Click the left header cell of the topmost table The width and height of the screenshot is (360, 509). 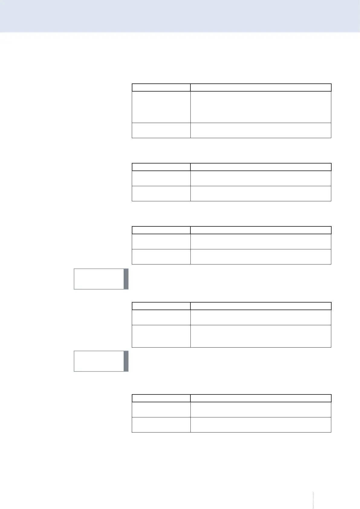pos(161,87)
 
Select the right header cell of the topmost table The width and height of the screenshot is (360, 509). pos(261,87)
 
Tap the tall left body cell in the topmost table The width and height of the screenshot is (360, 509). pos(161,107)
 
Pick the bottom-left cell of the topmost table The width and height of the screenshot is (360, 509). pos(161,130)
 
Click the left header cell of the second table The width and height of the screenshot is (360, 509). pos(161,167)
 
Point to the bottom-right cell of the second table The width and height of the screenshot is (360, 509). pos(261,193)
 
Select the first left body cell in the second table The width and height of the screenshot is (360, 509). pos(161,178)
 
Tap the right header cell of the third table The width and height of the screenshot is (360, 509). pos(261,230)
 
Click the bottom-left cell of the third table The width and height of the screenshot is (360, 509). pos(161,257)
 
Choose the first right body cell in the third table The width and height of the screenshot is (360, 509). pos(261,242)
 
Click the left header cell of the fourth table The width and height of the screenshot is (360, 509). pos(161,306)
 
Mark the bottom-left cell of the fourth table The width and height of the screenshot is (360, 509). pos(161,336)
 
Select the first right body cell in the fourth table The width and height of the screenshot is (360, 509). pos(261,317)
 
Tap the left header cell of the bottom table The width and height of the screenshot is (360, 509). pos(161,398)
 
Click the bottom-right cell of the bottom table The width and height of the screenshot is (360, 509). pos(261,425)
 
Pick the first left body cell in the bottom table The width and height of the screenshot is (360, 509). pos(161,410)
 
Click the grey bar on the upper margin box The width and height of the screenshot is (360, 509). pos(126,279)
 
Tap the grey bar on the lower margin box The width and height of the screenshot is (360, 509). pos(126,361)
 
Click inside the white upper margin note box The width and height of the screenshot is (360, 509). pos(99,279)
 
